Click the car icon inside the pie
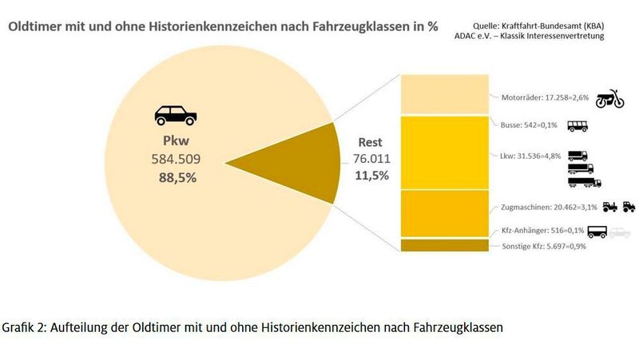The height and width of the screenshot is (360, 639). pos(175,115)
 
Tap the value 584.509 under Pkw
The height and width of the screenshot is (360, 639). pos(174,160)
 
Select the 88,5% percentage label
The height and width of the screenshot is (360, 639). pos(174,177)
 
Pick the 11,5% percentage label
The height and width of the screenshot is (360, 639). pos(371,176)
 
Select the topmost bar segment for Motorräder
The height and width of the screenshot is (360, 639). pos(444,94)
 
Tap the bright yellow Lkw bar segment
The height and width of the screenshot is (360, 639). pos(444,152)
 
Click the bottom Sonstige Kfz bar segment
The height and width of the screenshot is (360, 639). pos(444,245)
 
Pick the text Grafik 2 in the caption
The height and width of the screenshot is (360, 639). pos(26,329)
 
